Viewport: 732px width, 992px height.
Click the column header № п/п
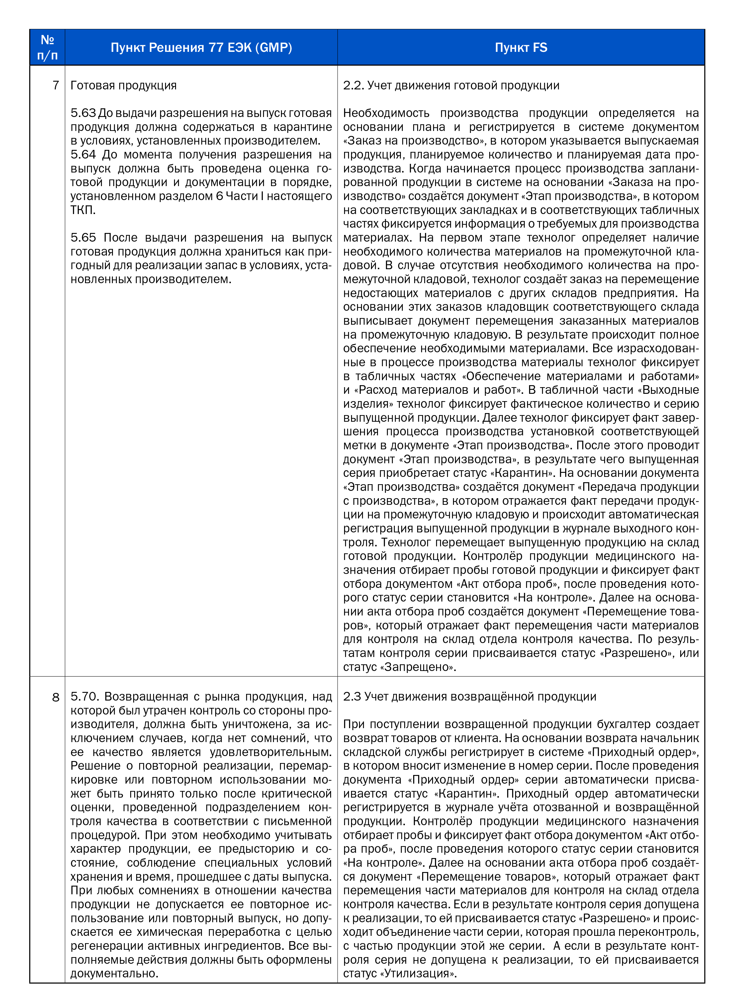tap(47, 48)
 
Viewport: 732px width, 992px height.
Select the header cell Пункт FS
tap(521, 48)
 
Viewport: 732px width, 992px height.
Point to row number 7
tap(55, 85)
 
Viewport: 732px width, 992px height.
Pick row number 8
tap(55, 697)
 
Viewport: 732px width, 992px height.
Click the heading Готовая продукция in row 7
tap(123, 85)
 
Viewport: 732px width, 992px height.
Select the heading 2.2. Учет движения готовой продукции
tap(451, 85)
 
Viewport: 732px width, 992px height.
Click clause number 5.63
tap(83, 113)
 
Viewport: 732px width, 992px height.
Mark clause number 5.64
tap(83, 155)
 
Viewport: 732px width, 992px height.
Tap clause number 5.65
tap(83, 238)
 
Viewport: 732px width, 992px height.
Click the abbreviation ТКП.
tap(82, 210)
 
